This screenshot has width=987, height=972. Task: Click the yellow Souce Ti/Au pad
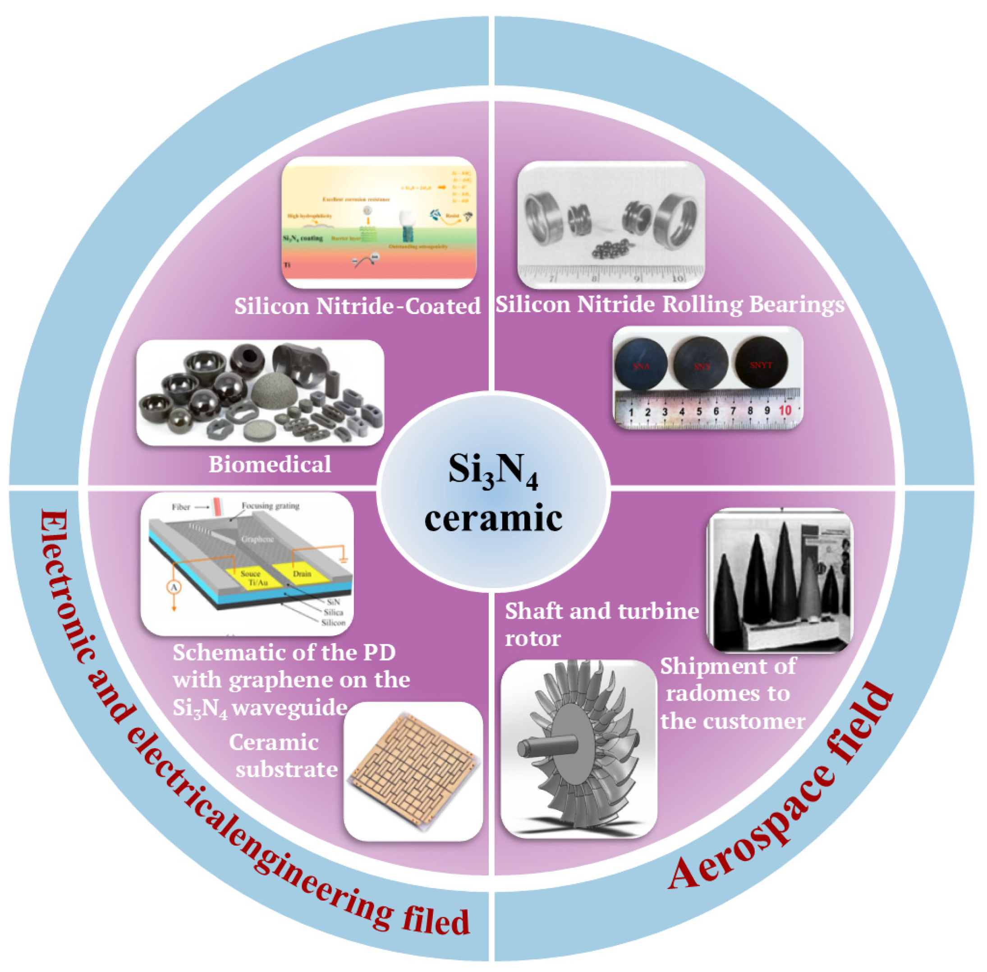click(253, 579)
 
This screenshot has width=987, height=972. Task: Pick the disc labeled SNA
click(641, 365)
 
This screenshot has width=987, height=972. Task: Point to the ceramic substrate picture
click(413, 771)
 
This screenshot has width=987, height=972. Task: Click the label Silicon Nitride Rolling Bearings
click(670, 305)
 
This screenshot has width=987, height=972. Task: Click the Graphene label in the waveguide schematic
click(257, 539)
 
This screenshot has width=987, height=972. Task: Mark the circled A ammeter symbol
click(174, 588)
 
